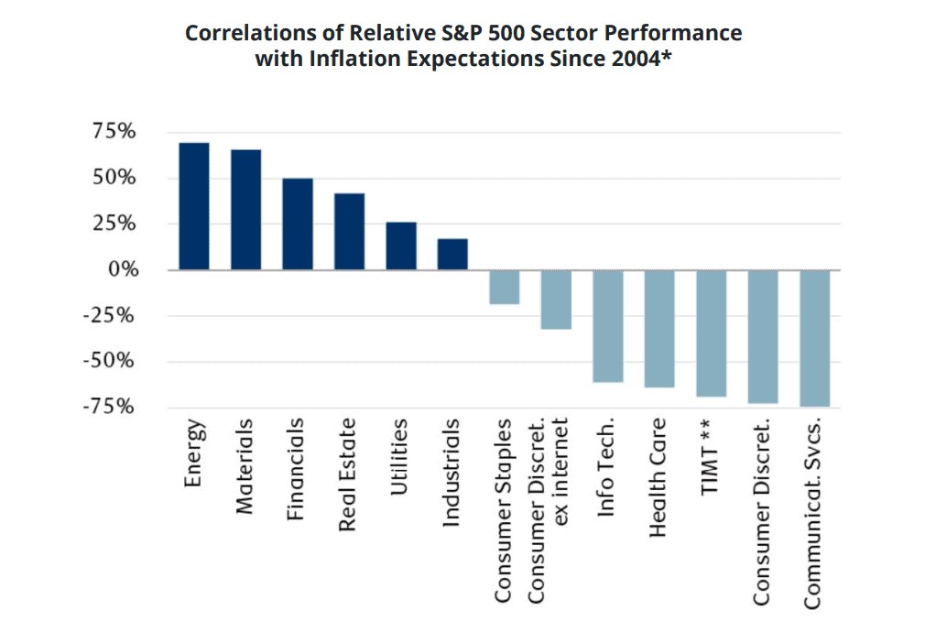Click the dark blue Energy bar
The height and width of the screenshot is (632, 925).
pyautogui.click(x=194, y=206)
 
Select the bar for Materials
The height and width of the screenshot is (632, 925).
pyautogui.click(x=245, y=210)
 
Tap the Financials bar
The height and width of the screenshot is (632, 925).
pyautogui.click(x=298, y=223)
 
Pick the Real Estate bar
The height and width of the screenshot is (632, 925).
pyautogui.click(x=349, y=231)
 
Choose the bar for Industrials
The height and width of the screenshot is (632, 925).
pyautogui.click(x=452, y=254)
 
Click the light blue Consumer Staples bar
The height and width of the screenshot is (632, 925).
pyautogui.click(x=504, y=287)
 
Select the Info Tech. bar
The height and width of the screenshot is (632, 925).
pyautogui.click(x=607, y=325)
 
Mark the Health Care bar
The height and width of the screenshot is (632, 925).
pyautogui.click(x=659, y=328)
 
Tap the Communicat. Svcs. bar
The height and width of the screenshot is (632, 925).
pyautogui.click(x=814, y=338)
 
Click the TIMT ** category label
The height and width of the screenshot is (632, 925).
pyautogui.click(x=711, y=458)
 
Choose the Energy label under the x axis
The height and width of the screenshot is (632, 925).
pyautogui.click(x=193, y=454)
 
